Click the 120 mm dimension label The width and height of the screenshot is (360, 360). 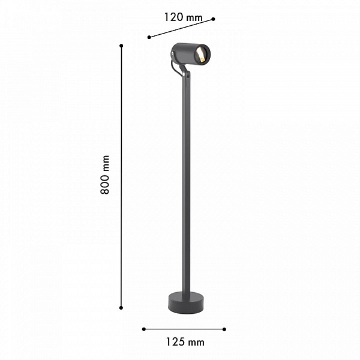tap(184, 17)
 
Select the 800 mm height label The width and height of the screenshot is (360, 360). tap(105, 175)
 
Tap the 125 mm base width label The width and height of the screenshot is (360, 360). tap(185, 342)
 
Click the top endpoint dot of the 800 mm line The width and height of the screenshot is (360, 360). tap(121, 46)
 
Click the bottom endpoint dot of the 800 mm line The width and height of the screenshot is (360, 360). tap(121, 308)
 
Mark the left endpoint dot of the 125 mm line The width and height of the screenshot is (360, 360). tap(144, 329)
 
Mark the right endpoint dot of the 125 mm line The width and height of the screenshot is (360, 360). tap(224, 329)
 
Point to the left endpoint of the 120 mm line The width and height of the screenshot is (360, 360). tap(149, 37)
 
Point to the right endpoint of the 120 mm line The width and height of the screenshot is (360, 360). tap(213, 19)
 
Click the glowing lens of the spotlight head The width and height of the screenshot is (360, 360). tap(200, 55)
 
